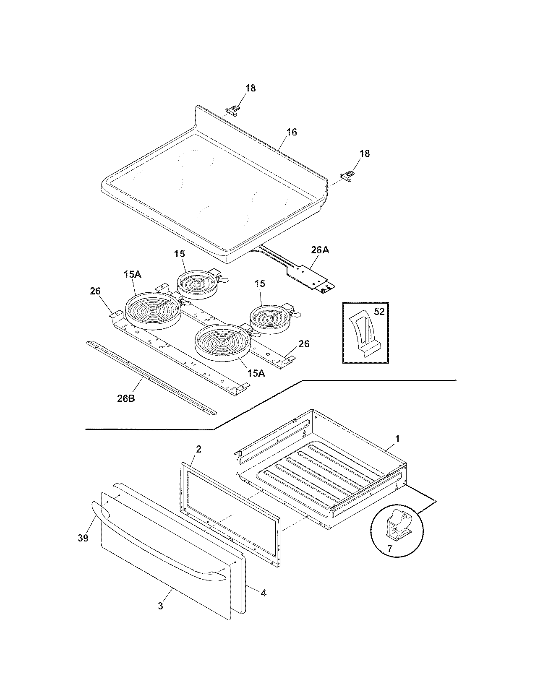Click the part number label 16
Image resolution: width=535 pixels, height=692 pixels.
pos(291,132)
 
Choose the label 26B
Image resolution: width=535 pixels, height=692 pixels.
pos(125,398)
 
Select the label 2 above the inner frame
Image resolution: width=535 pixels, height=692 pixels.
pos(198,449)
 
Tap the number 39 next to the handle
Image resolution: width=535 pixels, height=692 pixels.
pos(83,538)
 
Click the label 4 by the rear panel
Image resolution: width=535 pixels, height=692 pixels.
pos(263,593)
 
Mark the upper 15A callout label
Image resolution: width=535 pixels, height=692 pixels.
pos(132,275)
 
